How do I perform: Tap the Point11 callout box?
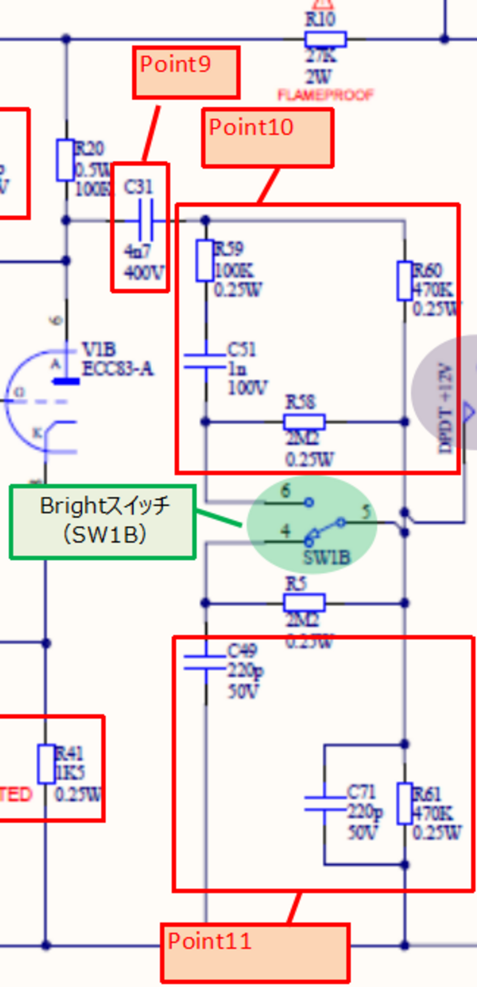(255, 953)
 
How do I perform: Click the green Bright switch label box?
(103, 522)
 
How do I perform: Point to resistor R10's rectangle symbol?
(325, 39)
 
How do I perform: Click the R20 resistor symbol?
(65, 160)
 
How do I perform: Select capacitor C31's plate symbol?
(146, 221)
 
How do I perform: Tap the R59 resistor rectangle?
(205, 261)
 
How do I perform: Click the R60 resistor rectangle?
(404, 280)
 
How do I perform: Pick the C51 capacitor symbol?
(205, 361)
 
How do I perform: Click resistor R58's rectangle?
(305, 422)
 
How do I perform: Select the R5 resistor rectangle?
(305, 603)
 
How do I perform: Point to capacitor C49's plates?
(205, 662)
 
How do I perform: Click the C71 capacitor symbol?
(325, 803)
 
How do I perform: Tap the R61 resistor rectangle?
(404, 803)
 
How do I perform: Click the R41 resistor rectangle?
(46, 764)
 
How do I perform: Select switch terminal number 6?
(285, 491)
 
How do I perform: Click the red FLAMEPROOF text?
(325, 95)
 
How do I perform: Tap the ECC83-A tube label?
(118, 369)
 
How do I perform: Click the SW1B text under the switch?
(327, 558)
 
